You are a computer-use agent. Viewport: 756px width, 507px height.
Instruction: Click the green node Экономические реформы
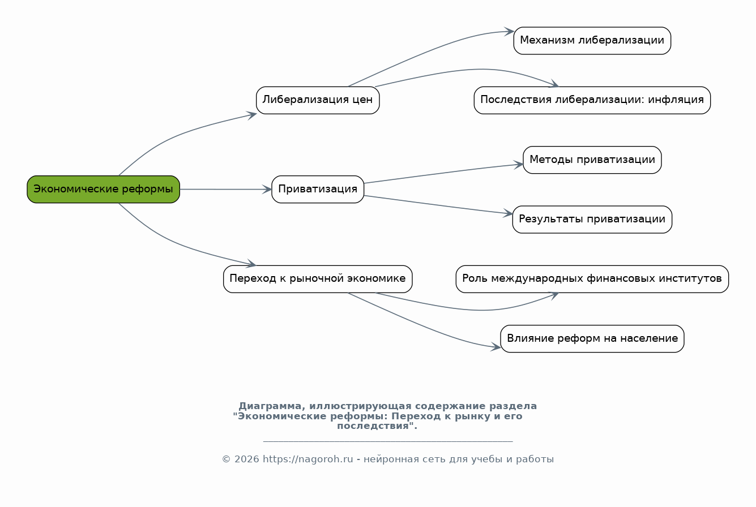pos(103,189)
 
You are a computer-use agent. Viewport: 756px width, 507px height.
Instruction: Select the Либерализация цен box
pos(318,100)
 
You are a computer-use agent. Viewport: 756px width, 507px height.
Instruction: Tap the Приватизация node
pos(318,189)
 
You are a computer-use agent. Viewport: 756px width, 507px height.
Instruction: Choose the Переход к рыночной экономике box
pos(318,279)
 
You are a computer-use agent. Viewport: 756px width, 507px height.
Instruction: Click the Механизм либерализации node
pos(592,41)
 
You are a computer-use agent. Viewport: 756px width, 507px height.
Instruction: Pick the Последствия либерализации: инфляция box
pos(592,100)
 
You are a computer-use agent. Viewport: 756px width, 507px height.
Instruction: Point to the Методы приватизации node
pos(592,160)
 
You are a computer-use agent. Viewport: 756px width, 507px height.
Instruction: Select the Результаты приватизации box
pos(592,220)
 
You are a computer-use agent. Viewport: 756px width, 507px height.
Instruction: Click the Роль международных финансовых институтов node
pos(592,279)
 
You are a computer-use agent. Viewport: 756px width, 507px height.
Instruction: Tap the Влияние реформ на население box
pos(592,338)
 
